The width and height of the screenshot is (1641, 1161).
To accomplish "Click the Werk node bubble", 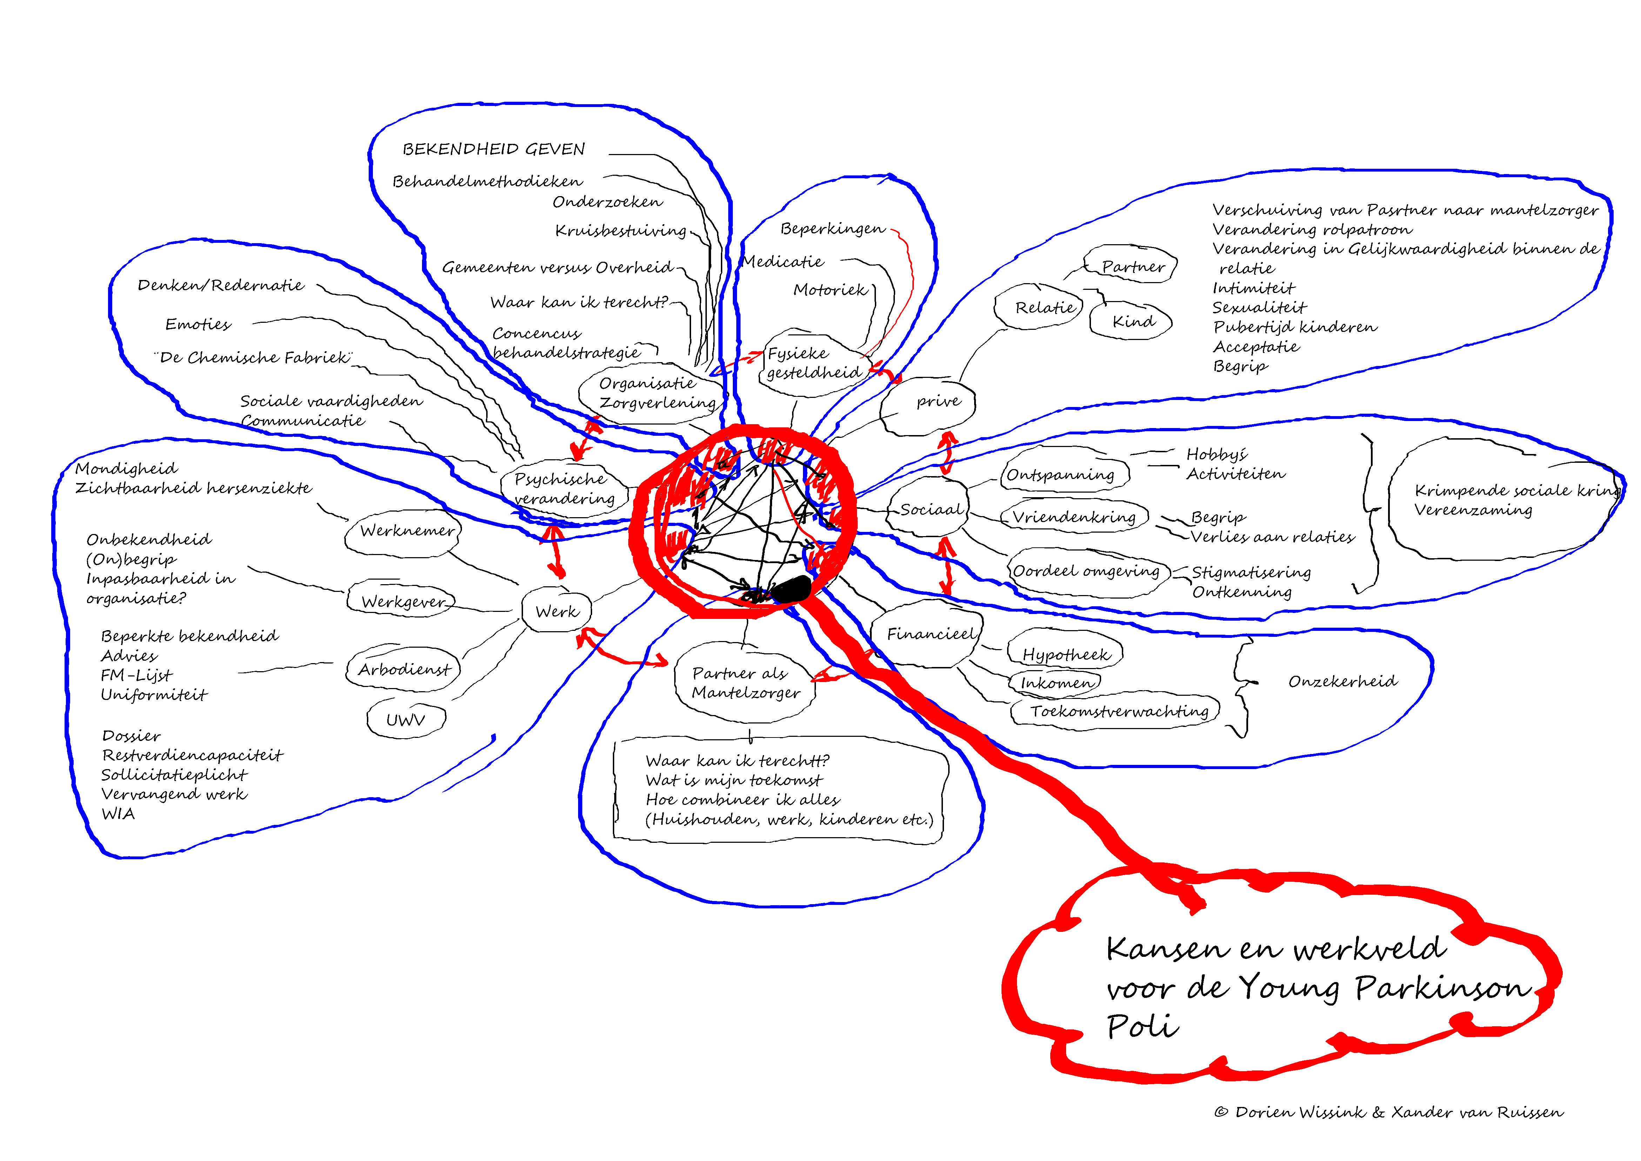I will pyautogui.click(x=557, y=611).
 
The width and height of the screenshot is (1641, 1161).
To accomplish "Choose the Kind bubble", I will pyautogui.click(x=1133, y=322).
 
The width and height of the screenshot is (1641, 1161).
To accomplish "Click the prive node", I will pyautogui.click(x=938, y=402).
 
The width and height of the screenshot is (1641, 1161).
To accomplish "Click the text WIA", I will pyautogui.click(x=118, y=814).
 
